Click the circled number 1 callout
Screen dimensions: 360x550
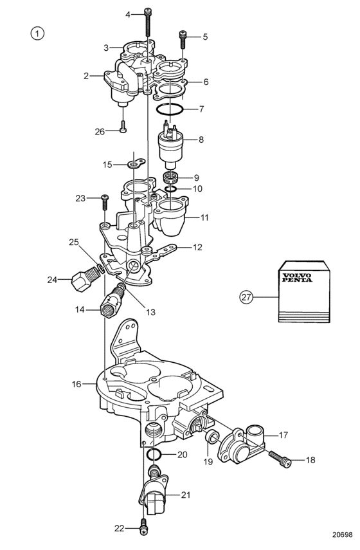(37, 33)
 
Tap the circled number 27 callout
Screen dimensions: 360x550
(246, 297)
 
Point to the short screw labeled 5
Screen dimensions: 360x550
(183, 39)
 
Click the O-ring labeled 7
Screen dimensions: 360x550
(170, 109)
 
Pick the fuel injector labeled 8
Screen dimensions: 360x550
(170, 142)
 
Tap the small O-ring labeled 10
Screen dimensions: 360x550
(171, 188)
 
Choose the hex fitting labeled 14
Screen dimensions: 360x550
(112, 300)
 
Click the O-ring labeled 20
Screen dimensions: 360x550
(154, 455)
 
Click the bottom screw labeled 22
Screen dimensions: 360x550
(143, 529)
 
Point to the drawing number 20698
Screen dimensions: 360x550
(342, 535)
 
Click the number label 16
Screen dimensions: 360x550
(76, 384)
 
